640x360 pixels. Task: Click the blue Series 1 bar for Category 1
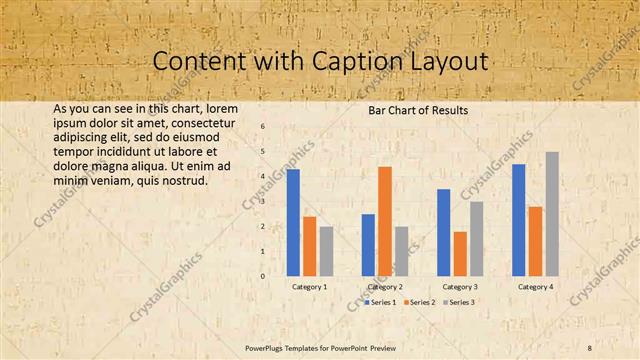[x=293, y=222]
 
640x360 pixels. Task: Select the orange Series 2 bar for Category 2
[x=384, y=221]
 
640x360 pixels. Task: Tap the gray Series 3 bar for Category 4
[x=552, y=214]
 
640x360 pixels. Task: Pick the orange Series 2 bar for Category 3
[x=459, y=254]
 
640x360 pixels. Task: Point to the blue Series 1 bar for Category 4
[x=518, y=220]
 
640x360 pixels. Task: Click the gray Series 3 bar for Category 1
[x=326, y=251]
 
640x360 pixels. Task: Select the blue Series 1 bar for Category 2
[x=368, y=245]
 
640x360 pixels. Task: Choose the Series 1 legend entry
[x=380, y=301]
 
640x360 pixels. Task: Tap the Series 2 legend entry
[x=419, y=301]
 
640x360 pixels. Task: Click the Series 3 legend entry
[x=458, y=301]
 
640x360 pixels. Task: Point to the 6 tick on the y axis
[x=262, y=127]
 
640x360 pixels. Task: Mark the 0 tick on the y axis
[x=262, y=276]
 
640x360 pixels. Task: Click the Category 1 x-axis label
[x=309, y=287]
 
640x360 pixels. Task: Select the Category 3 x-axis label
[x=460, y=287]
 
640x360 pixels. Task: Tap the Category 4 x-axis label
[x=535, y=287]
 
